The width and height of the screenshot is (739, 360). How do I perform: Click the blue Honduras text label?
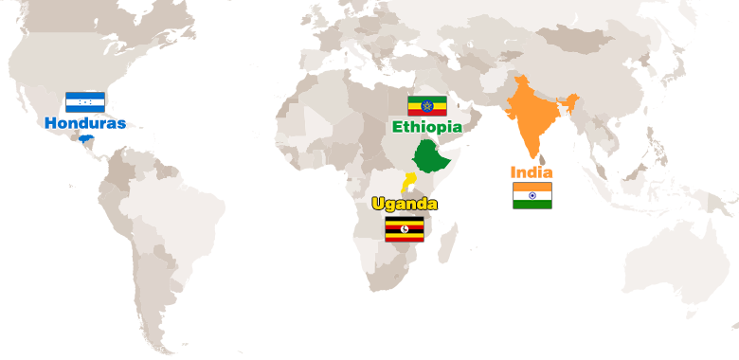point(84,123)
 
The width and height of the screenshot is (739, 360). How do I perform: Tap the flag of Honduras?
point(84,101)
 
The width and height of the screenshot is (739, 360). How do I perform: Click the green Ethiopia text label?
point(427,126)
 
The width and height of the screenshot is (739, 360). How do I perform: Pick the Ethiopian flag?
point(426,105)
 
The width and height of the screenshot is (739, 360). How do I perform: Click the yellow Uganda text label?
point(405,204)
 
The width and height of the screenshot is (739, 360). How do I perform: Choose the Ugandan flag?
point(405,229)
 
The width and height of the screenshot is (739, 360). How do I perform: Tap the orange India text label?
point(532,172)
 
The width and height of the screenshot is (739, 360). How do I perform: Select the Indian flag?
point(532,195)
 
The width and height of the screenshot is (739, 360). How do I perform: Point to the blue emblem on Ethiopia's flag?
point(426,105)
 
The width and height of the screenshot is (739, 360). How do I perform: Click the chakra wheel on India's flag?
point(532,195)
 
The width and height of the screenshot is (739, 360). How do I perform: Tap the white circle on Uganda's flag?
point(405,229)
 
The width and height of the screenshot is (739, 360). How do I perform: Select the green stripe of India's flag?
point(532,204)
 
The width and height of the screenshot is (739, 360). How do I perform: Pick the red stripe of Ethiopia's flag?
point(426,113)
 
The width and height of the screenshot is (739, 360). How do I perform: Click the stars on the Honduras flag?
point(84,101)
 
